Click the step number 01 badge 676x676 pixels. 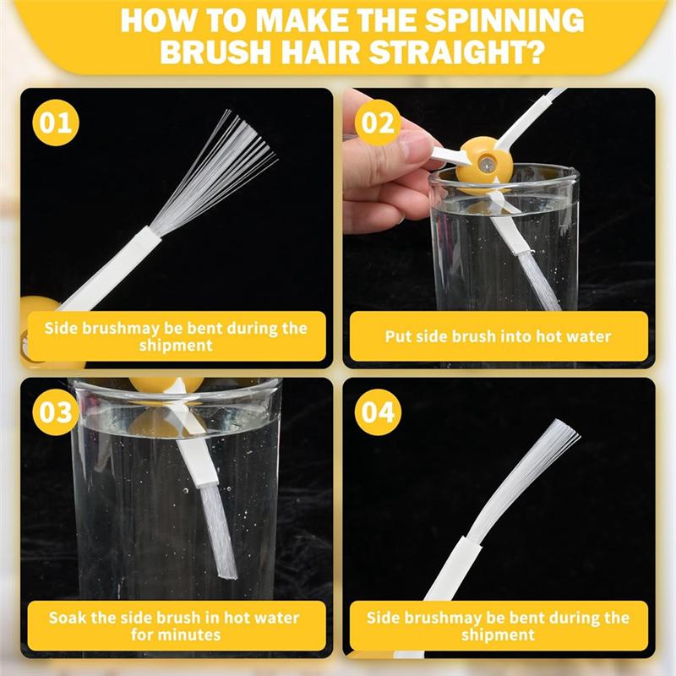coord(56,123)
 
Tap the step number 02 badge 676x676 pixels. coord(378,123)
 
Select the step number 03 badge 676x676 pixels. coord(56,412)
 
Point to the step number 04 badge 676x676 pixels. coord(378,412)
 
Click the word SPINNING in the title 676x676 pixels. coord(504,19)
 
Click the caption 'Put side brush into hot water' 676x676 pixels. coord(498,336)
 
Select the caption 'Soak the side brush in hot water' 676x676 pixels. coord(174,618)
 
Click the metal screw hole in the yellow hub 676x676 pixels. coord(488,163)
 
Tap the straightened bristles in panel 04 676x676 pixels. coord(521,478)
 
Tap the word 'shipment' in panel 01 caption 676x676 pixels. coord(176,346)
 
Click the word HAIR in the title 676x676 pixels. coord(320,52)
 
